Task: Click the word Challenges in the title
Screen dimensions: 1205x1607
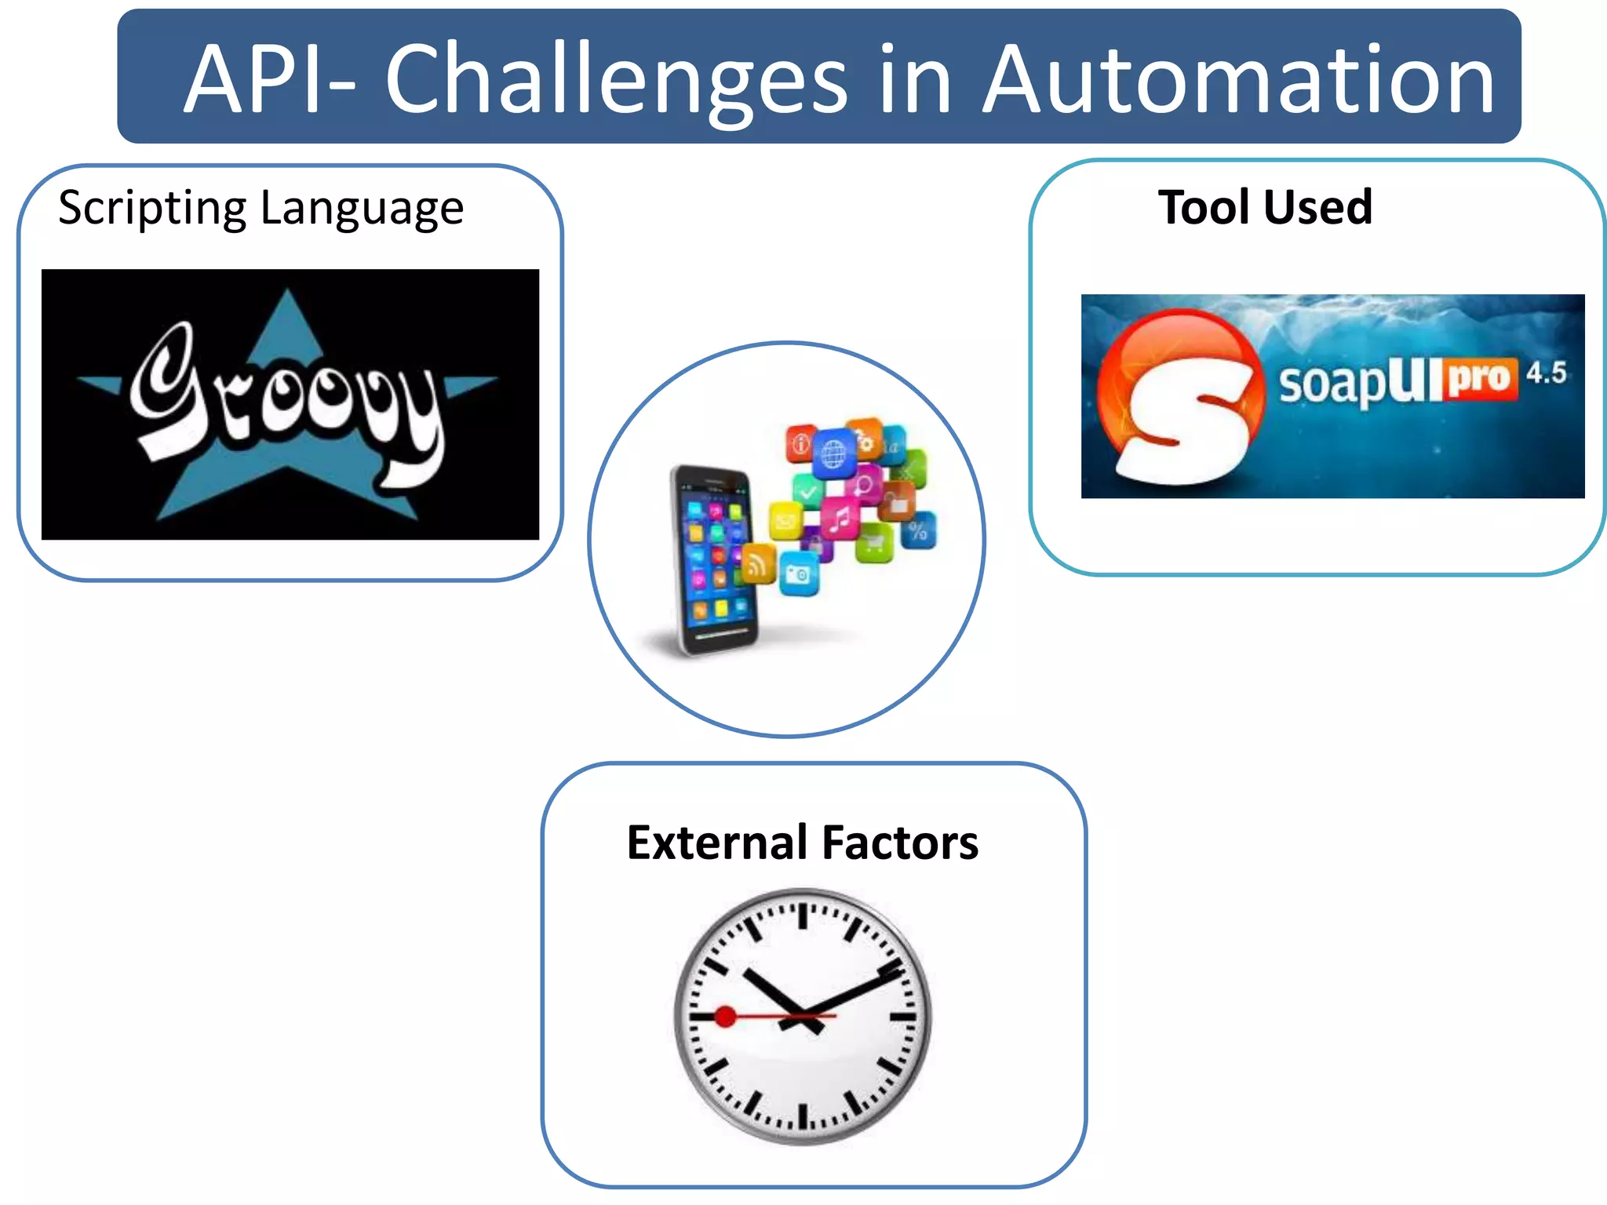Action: click(x=615, y=80)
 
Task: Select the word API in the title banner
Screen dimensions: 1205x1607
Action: click(x=255, y=80)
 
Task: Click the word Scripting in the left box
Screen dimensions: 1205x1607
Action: click(x=153, y=209)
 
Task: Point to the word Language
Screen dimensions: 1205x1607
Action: click(x=362, y=209)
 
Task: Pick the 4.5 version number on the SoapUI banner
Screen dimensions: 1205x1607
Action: click(x=1546, y=373)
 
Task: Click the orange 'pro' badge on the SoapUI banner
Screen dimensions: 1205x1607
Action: click(x=1479, y=380)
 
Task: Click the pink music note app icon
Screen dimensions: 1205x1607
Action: click(x=840, y=519)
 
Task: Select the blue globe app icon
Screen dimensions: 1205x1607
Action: click(x=833, y=453)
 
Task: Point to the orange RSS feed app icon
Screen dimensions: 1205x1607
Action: click(x=758, y=563)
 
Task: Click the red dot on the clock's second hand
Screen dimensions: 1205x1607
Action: click(x=725, y=1017)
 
